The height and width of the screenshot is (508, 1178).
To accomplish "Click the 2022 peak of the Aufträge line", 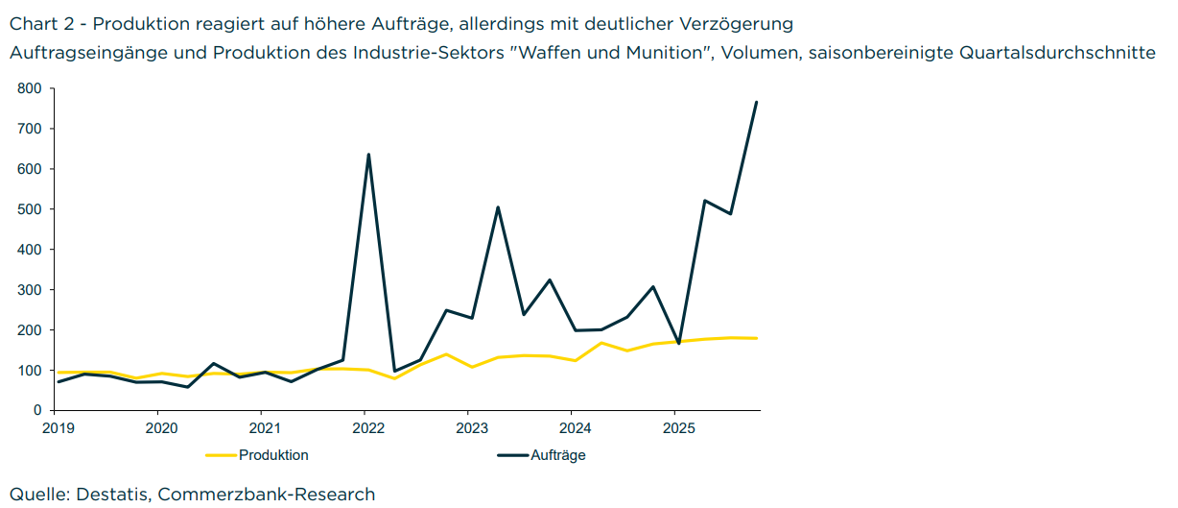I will click(368, 155).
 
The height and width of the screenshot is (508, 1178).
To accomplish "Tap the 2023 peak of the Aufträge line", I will click(498, 207).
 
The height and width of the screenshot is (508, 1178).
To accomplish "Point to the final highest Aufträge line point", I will click(756, 102).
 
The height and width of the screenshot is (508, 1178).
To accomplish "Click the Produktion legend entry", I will click(273, 455).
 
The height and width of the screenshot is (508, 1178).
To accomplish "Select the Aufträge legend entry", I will click(557, 455).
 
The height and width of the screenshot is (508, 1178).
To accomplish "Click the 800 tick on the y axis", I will click(30, 88).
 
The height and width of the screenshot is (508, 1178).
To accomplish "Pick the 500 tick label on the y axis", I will click(30, 209).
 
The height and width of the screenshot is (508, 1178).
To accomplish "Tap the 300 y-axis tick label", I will click(30, 290).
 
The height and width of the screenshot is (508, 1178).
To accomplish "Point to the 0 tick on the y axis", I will click(37, 410).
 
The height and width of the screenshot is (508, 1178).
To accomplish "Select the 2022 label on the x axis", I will click(365, 427).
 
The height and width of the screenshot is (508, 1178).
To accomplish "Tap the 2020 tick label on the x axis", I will click(159, 427).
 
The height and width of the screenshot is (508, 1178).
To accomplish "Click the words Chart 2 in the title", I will click(39, 22).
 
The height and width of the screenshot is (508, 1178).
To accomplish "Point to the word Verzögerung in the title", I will click(740, 22).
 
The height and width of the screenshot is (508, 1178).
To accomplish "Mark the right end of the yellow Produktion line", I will click(756, 338).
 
